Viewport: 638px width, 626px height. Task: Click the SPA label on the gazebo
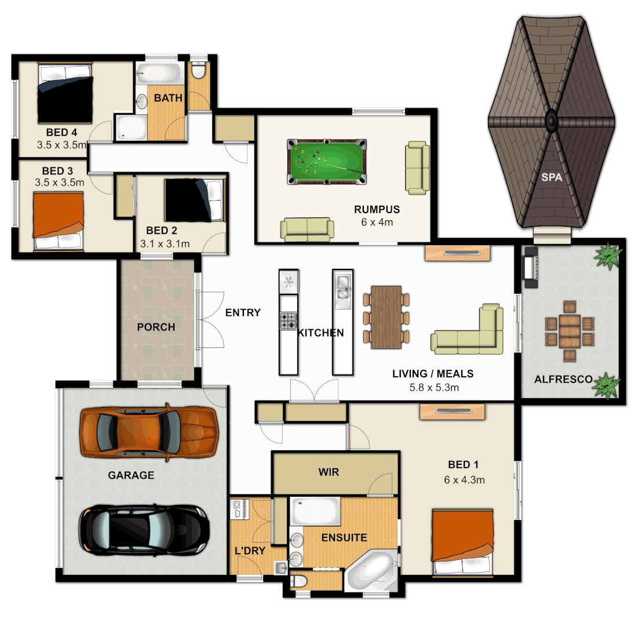551,178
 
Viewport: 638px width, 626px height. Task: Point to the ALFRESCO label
563,380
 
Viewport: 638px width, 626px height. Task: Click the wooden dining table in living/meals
387,317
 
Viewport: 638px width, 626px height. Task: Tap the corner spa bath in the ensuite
371,571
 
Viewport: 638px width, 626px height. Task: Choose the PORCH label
156,327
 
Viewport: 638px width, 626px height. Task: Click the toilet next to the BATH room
198,71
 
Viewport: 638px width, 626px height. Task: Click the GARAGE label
131,475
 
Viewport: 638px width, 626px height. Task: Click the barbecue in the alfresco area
530,267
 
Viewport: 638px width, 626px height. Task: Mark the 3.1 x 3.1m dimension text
165,244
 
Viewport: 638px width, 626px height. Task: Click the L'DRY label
250,551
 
